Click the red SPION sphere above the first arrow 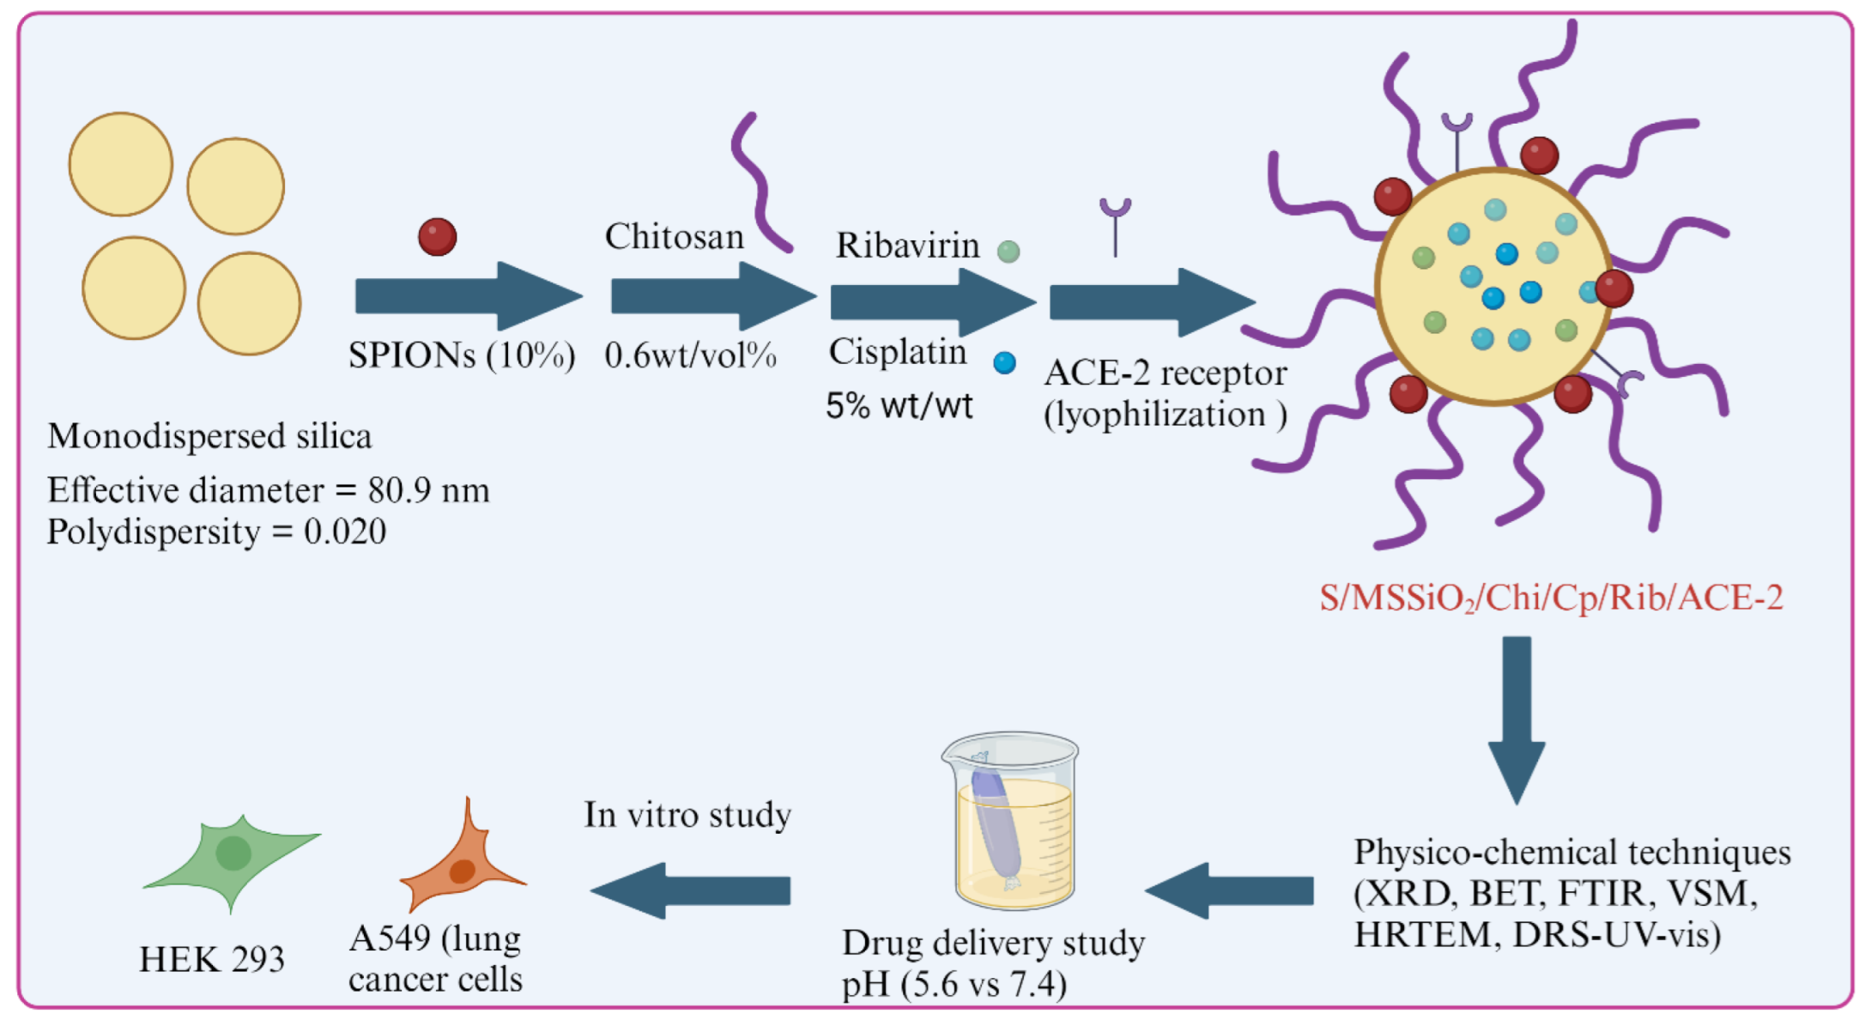pos(437,237)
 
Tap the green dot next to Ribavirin pos(1008,252)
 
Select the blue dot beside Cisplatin pos(1004,363)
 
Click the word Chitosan pos(674,237)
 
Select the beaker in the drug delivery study pos(1013,822)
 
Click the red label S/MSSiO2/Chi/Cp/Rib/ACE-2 pos(1550,598)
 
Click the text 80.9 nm pos(428,490)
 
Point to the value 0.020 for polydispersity pos(345,531)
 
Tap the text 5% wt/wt pos(899,406)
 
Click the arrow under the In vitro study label pos(691,890)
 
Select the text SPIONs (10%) pos(462,355)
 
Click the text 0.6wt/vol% pos(690,355)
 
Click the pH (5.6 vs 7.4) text pos(954,984)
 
